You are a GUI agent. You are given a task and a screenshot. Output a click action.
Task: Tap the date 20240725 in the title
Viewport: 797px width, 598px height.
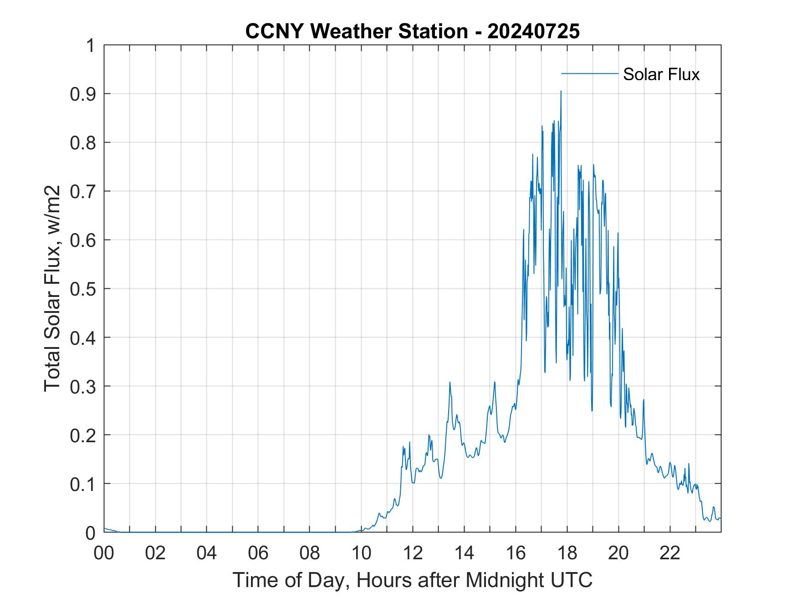533,31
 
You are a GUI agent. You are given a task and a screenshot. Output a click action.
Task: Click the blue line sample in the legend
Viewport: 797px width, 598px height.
589,73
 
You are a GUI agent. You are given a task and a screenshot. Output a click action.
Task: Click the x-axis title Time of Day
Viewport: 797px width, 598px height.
412,580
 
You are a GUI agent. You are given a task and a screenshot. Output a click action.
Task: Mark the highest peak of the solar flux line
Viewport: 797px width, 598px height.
561,91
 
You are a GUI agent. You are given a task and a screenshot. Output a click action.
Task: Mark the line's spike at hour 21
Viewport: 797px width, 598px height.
644,400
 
